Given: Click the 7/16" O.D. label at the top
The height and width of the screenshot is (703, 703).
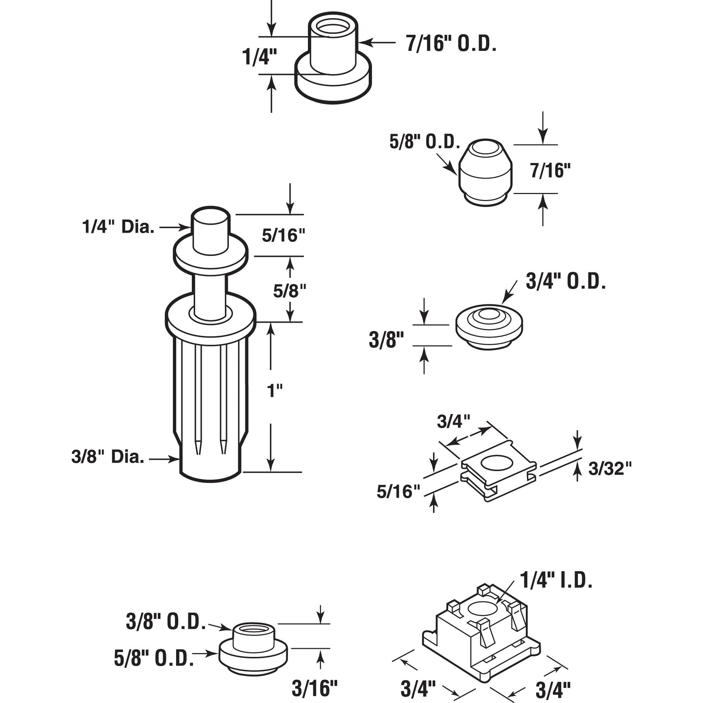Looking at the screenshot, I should [451, 45].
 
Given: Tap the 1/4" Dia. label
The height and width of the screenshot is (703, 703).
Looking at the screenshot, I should [118, 227].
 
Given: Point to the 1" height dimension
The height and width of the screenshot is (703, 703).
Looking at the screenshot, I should [275, 391].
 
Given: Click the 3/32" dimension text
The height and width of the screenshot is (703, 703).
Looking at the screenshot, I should [610, 469].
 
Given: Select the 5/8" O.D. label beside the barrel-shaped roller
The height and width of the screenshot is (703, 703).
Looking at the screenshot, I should [424, 142].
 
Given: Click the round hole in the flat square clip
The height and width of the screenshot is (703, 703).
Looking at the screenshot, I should [497, 463].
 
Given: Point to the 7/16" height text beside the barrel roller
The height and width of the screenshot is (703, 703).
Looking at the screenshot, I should [550, 171].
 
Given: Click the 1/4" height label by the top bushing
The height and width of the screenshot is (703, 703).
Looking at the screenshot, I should [259, 57].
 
